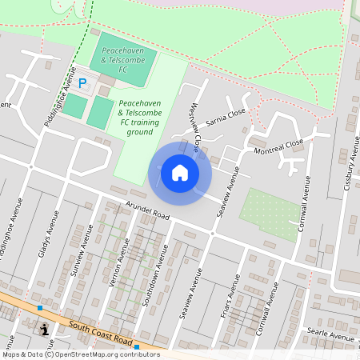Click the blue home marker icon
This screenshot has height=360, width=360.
180,172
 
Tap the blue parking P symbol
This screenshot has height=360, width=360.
82,82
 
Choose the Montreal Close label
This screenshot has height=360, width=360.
278,146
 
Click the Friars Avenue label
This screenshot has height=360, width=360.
231,296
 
